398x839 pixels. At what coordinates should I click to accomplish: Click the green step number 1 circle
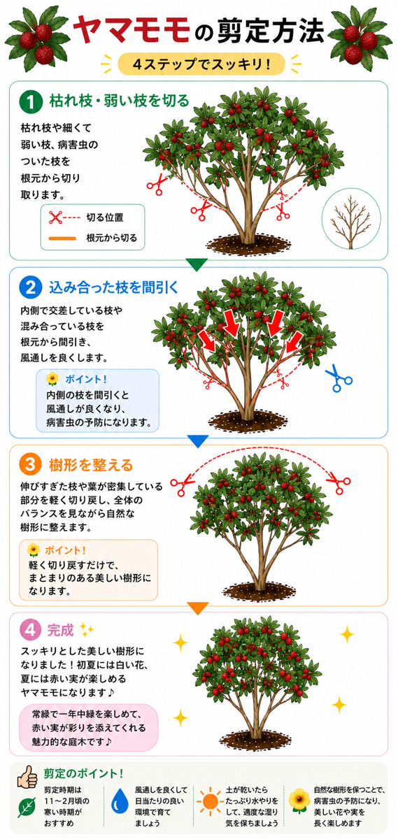point(31,102)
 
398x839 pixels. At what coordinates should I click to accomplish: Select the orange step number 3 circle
point(30,464)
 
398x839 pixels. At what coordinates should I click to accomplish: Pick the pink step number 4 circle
point(30,630)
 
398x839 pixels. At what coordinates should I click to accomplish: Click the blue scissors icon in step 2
point(339,378)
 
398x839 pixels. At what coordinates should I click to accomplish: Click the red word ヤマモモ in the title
point(132,30)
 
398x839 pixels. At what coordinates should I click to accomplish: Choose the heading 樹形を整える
point(91,465)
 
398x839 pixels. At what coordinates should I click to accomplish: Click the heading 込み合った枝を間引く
point(114,287)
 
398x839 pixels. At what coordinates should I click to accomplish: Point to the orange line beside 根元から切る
point(62,238)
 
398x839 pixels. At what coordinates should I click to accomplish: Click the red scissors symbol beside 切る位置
point(55,217)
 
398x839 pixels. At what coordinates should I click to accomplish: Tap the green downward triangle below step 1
point(197,264)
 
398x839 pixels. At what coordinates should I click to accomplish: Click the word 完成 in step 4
point(60,631)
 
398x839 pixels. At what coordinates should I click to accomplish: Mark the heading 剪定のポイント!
point(83,773)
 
